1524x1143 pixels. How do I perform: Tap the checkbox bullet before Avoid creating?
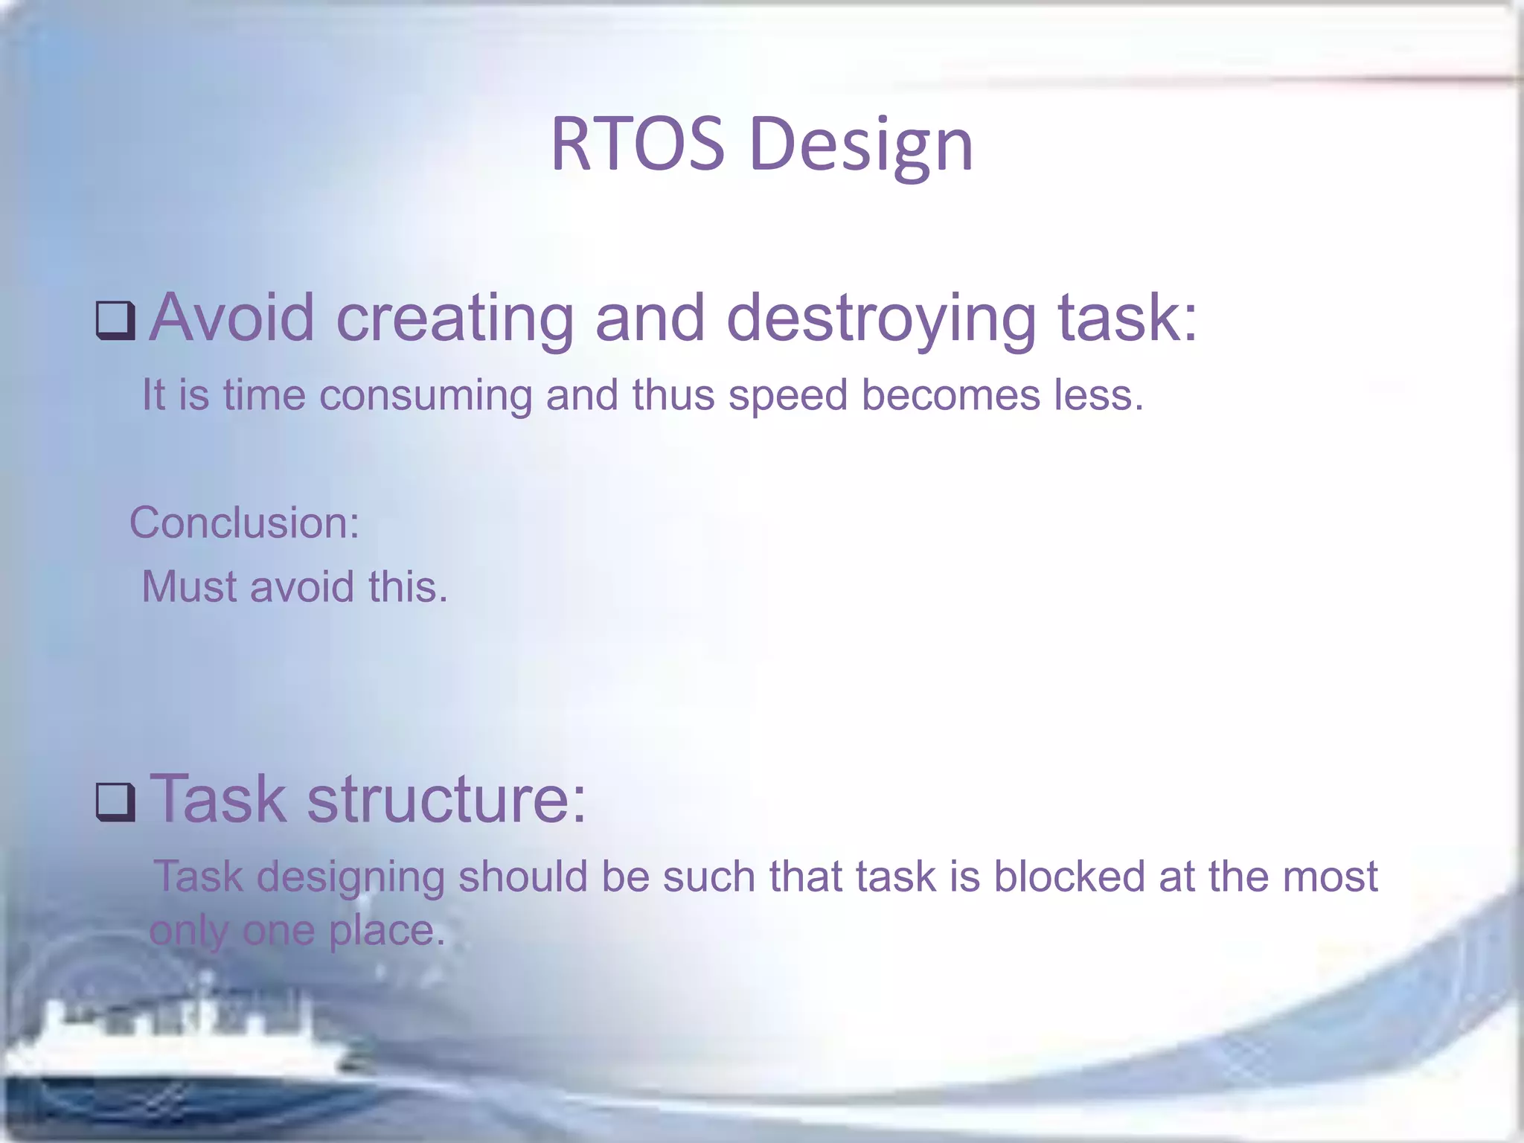[x=115, y=321]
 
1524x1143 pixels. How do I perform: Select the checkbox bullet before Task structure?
[x=115, y=802]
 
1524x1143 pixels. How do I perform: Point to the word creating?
[x=455, y=318]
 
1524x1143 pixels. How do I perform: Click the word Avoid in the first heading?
[x=232, y=318]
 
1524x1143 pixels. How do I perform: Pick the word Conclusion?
[x=244, y=522]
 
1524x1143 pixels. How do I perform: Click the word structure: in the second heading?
[x=446, y=799]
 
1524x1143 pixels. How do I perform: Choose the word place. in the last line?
[x=387, y=931]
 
